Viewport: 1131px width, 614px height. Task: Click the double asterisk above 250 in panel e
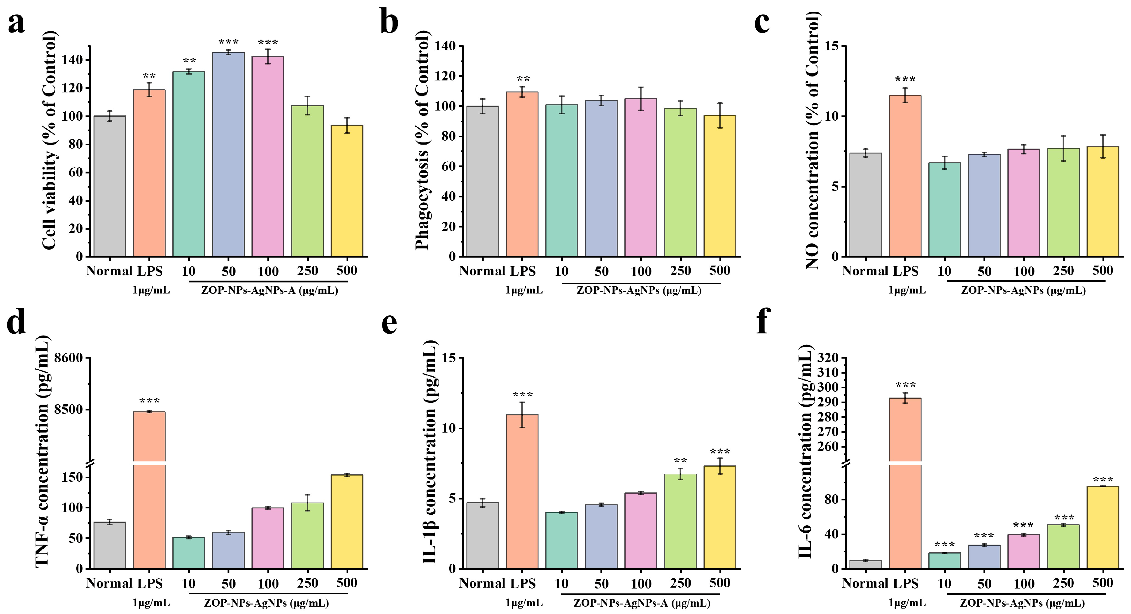tap(680, 461)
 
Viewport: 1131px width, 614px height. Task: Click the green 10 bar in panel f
tap(945, 561)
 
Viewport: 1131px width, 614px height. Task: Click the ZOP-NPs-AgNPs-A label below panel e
tap(642, 603)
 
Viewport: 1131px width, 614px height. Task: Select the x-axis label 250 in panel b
tap(680, 271)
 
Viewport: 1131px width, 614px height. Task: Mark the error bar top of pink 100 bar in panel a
tap(268, 49)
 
